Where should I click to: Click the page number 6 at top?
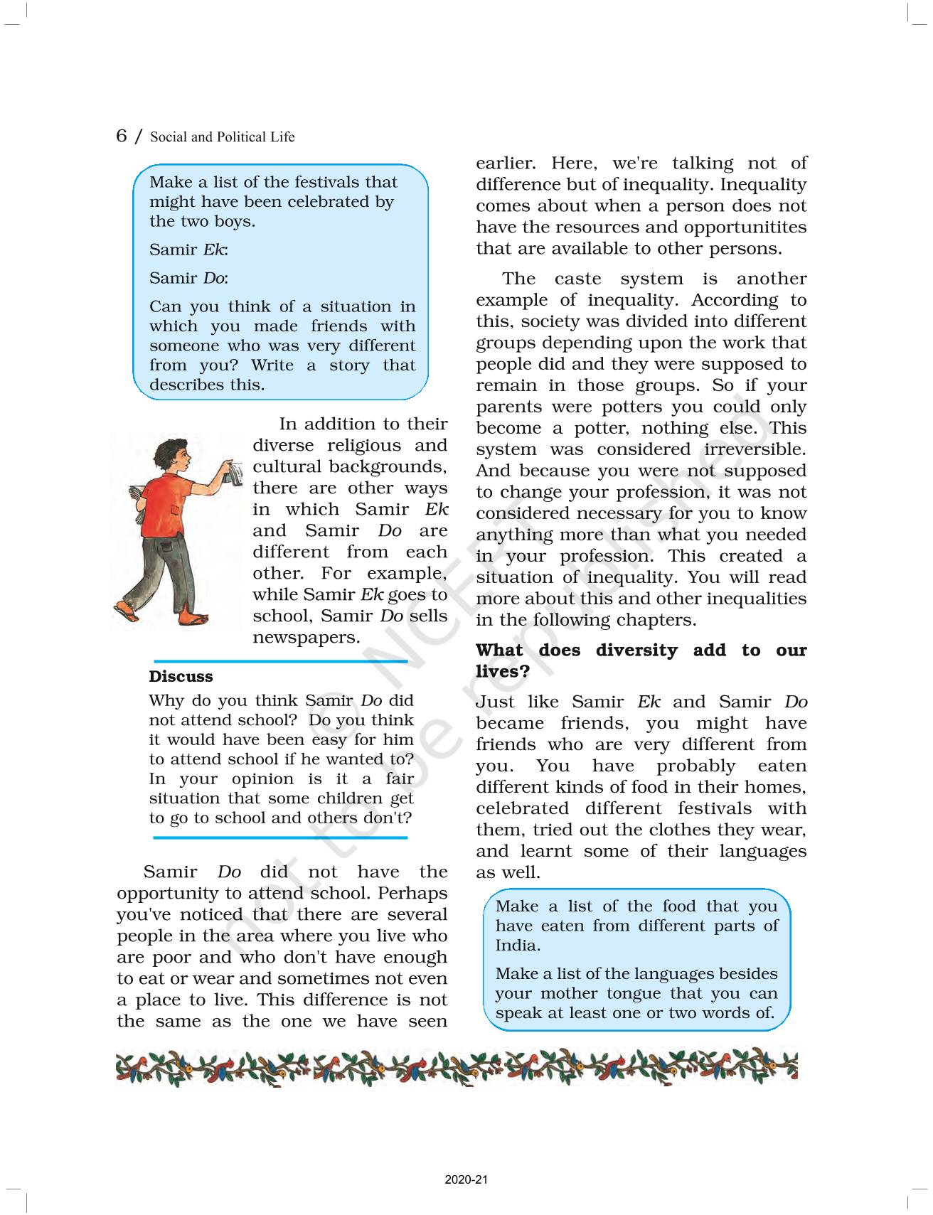(x=122, y=135)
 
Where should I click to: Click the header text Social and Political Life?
(x=222, y=137)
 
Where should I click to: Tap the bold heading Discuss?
(x=181, y=676)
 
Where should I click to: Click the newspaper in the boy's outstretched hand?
(x=233, y=473)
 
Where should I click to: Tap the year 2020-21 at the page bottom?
(x=466, y=1180)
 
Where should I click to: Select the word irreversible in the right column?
(x=755, y=449)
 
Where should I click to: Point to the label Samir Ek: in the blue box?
(x=188, y=250)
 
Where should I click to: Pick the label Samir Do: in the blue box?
(x=188, y=278)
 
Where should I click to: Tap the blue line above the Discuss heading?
(x=281, y=661)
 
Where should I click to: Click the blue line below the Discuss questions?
(x=281, y=838)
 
